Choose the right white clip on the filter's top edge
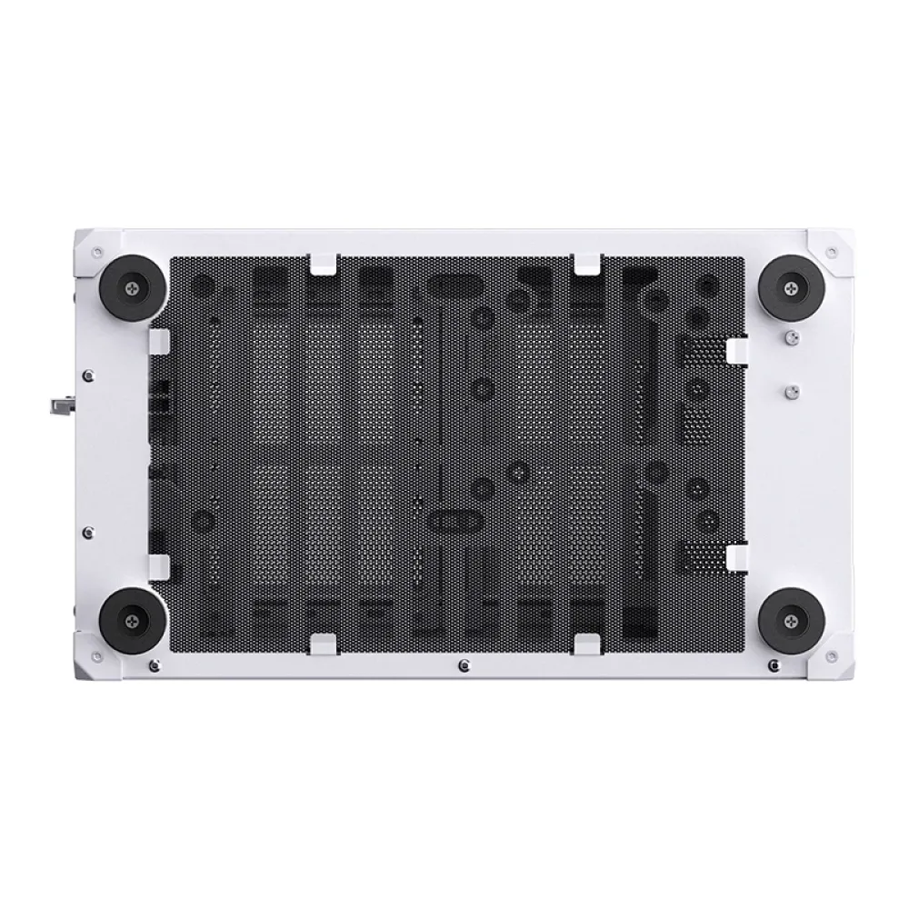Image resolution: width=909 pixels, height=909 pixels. pyautogui.click(x=586, y=264)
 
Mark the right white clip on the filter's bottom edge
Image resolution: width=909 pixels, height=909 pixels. pyautogui.click(x=586, y=644)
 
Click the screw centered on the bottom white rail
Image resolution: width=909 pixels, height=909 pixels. pyautogui.click(x=464, y=664)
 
